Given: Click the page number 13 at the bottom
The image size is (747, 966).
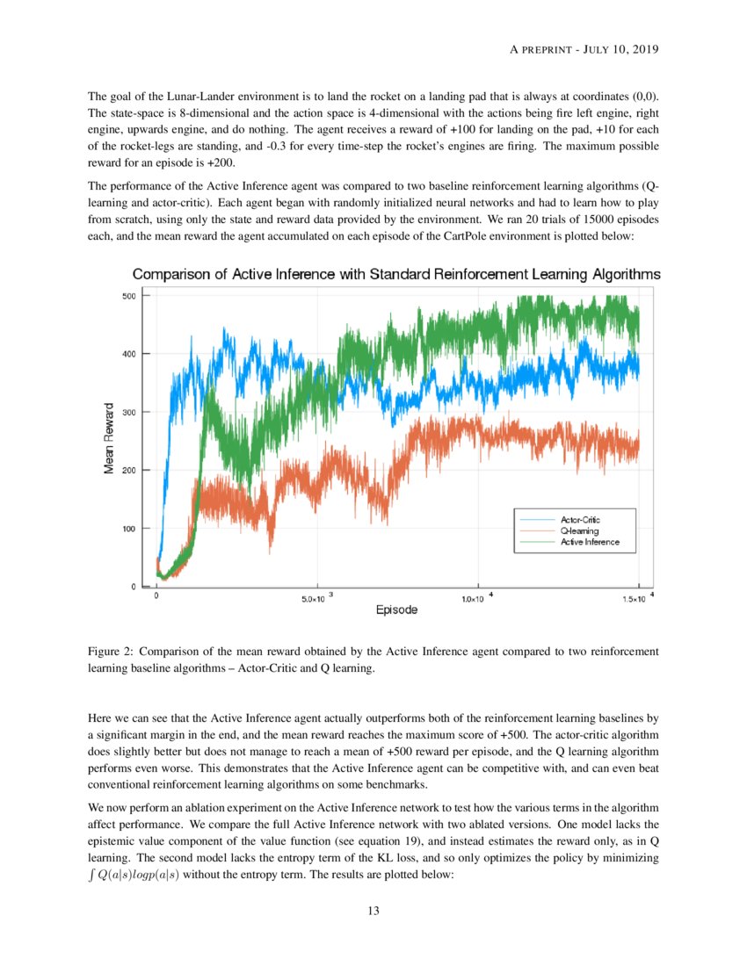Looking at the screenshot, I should (x=373, y=911).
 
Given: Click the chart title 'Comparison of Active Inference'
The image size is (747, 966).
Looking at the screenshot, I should (x=396, y=275).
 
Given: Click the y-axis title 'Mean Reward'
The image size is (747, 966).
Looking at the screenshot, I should (x=109, y=438).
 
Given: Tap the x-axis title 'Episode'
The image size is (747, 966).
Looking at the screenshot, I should (x=396, y=609).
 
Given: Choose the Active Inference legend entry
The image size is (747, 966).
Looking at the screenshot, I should (x=589, y=542).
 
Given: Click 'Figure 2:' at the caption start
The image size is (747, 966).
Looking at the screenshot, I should (x=111, y=652).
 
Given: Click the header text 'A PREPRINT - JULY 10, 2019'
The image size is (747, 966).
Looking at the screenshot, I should (x=584, y=49).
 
